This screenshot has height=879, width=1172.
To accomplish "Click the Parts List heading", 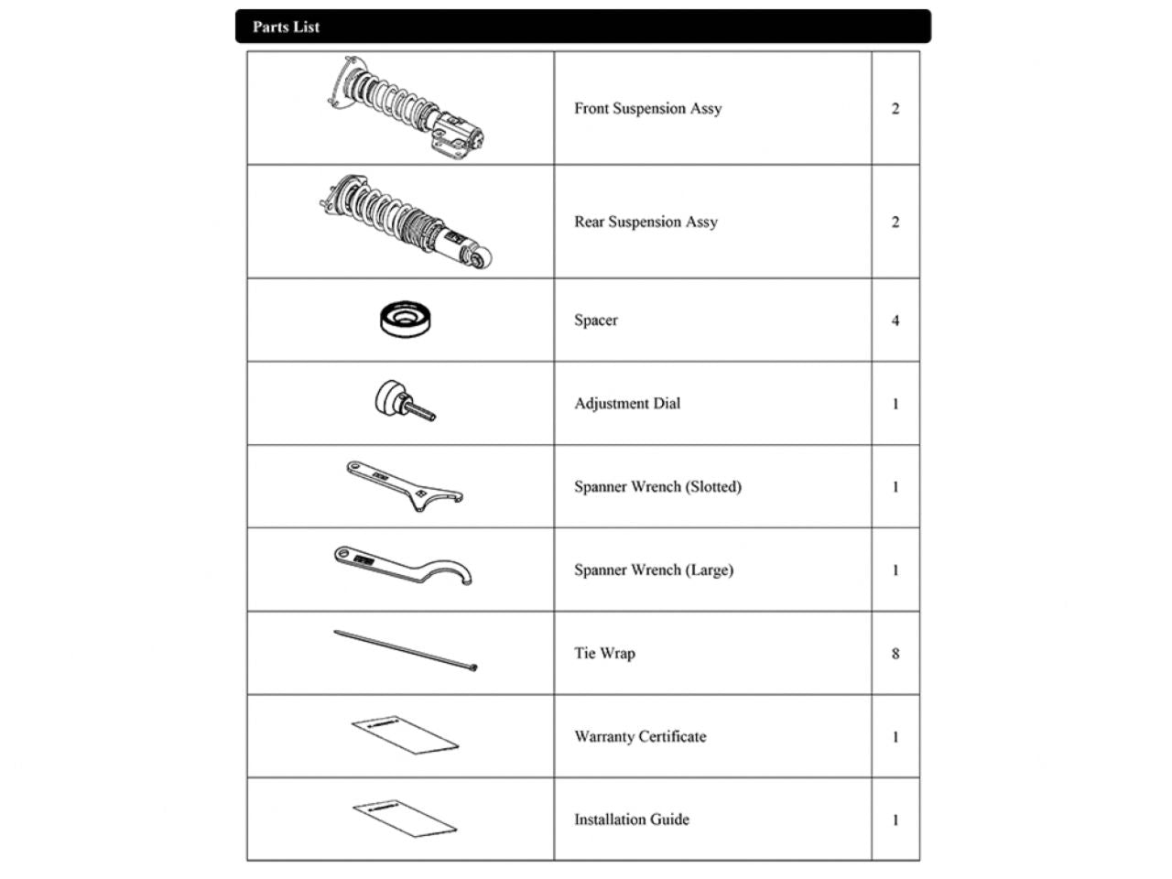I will point(287,27).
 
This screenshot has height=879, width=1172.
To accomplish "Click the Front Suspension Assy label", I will point(647,109).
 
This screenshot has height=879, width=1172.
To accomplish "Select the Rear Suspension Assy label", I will point(646,222).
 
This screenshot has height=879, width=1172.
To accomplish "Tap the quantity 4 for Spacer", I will point(895,320).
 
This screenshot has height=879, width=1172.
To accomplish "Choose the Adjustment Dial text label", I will point(627,404).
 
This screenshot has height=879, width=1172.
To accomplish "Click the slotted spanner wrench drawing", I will point(404,486).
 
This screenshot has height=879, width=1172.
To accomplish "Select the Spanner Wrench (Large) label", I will point(654,570).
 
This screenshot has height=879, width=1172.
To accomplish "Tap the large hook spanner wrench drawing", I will point(404,565).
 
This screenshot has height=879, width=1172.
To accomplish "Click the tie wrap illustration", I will point(406,651).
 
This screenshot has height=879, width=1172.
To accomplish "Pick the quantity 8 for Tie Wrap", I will point(895,654).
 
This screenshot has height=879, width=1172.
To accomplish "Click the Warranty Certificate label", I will point(640,737).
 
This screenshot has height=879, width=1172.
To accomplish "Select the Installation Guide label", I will point(632,819).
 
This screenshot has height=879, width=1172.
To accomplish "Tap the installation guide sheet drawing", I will point(405,818).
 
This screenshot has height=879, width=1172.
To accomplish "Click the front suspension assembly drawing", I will point(407,109).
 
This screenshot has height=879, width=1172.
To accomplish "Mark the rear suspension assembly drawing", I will point(407,222).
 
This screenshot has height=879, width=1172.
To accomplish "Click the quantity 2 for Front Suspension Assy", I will point(895,109).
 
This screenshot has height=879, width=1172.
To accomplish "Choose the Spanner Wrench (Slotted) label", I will point(657,487).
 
